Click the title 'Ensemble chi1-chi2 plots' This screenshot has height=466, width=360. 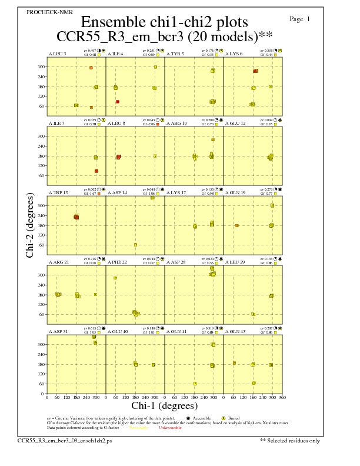click(164, 22)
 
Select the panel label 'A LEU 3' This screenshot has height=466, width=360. click(57, 54)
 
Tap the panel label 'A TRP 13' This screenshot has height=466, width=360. click(58, 193)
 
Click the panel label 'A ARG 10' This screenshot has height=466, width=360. click(176, 124)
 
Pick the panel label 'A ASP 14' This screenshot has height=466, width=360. click(117, 193)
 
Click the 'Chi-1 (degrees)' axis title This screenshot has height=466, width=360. click(164, 405)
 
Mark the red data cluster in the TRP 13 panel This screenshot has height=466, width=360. click(76, 217)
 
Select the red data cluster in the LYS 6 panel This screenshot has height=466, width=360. click(255, 71)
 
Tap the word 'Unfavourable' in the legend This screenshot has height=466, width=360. click(168, 428)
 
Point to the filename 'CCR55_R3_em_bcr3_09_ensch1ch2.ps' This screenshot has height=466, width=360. click(56, 440)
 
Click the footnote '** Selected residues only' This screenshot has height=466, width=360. click(291, 440)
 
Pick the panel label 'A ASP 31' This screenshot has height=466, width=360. click(58, 332)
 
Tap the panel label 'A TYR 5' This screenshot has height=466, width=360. click(175, 54)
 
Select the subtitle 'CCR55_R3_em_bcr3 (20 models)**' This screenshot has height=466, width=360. click(164, 37)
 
